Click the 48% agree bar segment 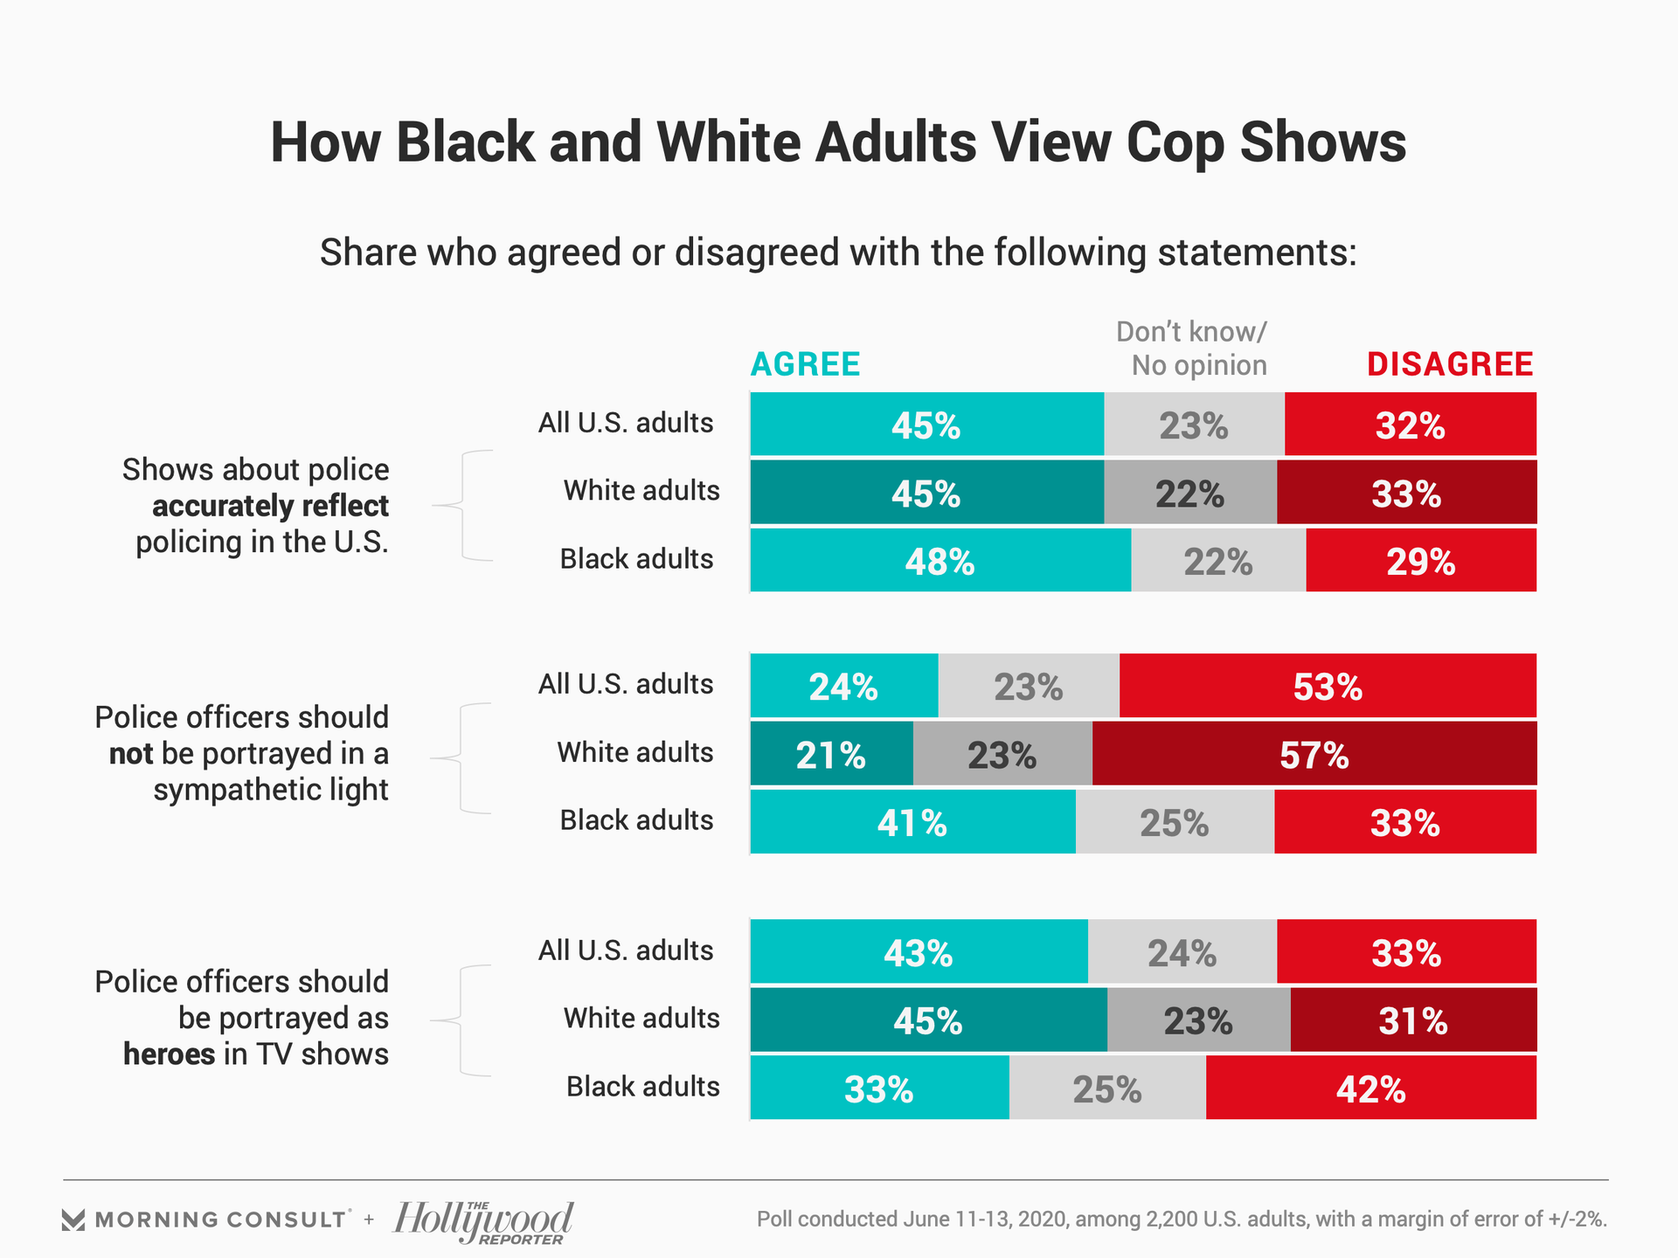940,561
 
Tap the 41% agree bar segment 912,822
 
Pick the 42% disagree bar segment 1370,1089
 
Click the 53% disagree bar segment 1327,687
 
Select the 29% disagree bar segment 1420,561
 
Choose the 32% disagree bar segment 1410,425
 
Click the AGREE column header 806,364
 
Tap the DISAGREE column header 1450,364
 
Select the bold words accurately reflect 270,506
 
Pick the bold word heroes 169,1054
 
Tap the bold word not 131,753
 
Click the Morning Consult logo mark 73,1220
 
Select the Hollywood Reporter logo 483,1221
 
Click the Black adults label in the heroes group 642,1087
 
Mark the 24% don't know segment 1182,952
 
